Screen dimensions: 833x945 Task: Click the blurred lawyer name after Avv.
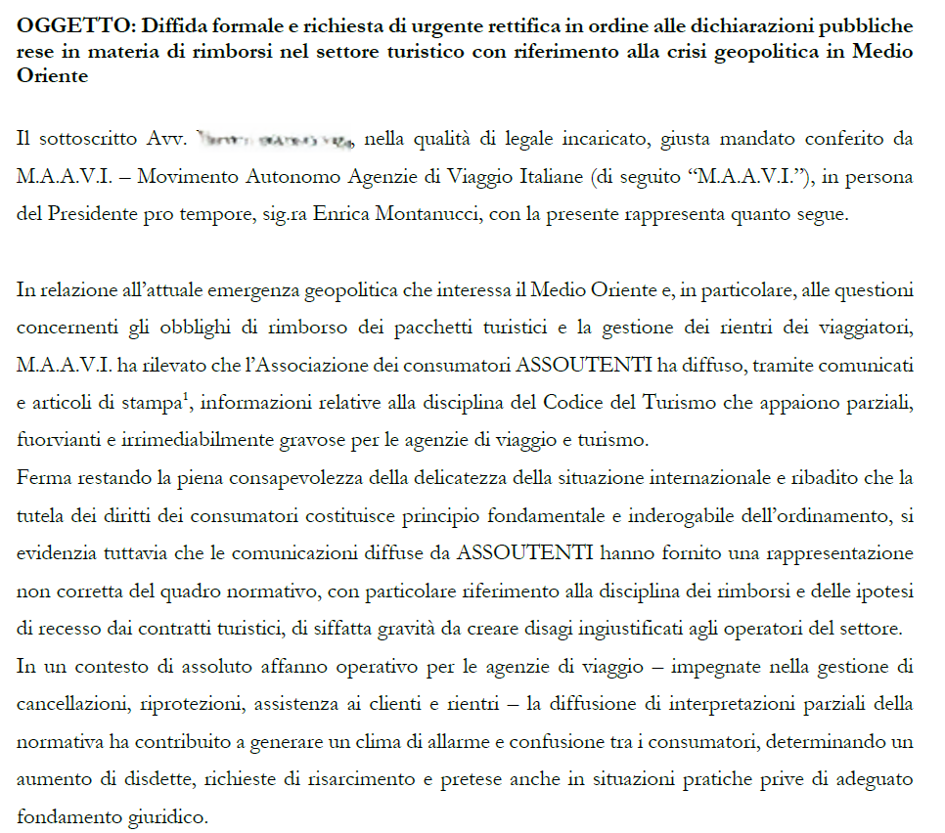[275, 139]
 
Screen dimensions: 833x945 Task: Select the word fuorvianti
[56, 441]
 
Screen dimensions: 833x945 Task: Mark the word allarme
[475, 741]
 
